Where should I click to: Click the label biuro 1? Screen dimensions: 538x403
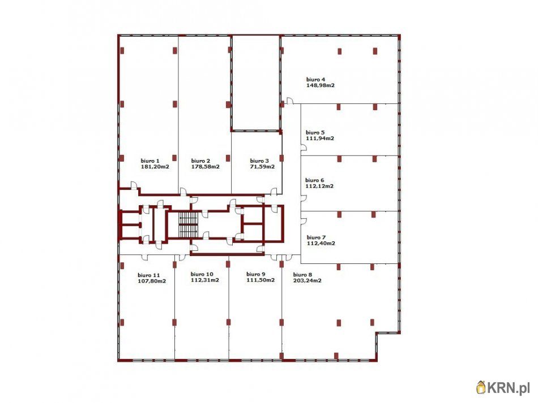coord(150,161)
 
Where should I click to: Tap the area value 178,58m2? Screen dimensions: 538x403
coord(205,167)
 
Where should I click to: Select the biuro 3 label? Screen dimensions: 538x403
coord(259,161)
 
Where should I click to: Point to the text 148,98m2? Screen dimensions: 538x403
coord(321,85)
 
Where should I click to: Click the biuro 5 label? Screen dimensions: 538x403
coord(315,132)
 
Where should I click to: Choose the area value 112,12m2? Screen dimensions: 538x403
coord(319,187)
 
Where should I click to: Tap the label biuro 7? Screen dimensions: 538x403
coord(316,237)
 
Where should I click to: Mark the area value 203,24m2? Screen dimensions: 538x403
coord(308,280)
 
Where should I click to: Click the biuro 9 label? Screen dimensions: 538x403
coord(255,274)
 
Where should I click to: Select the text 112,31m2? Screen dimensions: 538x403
coord(205,280)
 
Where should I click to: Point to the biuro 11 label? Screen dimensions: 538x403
coord(148,275)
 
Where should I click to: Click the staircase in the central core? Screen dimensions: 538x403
coord(189,224)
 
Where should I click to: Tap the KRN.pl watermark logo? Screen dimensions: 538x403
coord(503,387)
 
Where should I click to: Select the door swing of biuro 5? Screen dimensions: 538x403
coord(304,147)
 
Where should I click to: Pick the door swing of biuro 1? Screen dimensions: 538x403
coord(134,185)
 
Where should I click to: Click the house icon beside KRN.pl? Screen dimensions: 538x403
coord(481,387)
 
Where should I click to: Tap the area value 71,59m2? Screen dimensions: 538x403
coord(262,167)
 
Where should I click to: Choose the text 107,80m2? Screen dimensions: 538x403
coord(152,281)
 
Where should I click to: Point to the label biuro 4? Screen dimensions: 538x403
coord(315,80)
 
